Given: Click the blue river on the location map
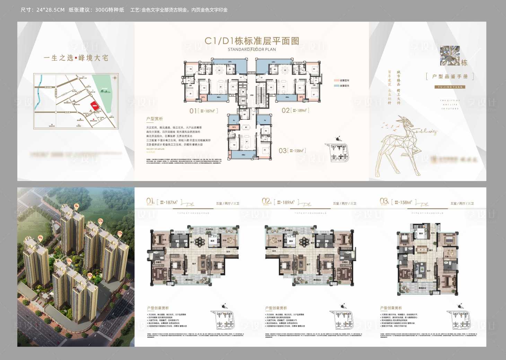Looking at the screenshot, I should pos(38,90).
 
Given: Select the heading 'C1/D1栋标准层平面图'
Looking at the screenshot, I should pos(252,41).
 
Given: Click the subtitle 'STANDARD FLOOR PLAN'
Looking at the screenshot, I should pos(252,50).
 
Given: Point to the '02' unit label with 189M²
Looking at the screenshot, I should pos(295,110).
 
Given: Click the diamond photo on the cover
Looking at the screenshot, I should pos(450,55).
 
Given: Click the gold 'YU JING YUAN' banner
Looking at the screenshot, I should pos(450,87).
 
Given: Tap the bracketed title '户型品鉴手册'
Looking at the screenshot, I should pos(450,76).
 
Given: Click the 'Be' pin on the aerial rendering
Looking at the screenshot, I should pos(77,206).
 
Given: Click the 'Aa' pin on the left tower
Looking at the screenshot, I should pos(40,238).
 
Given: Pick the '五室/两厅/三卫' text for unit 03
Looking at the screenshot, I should pos(462,204).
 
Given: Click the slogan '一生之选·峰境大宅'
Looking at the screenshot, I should pos(76,58).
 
